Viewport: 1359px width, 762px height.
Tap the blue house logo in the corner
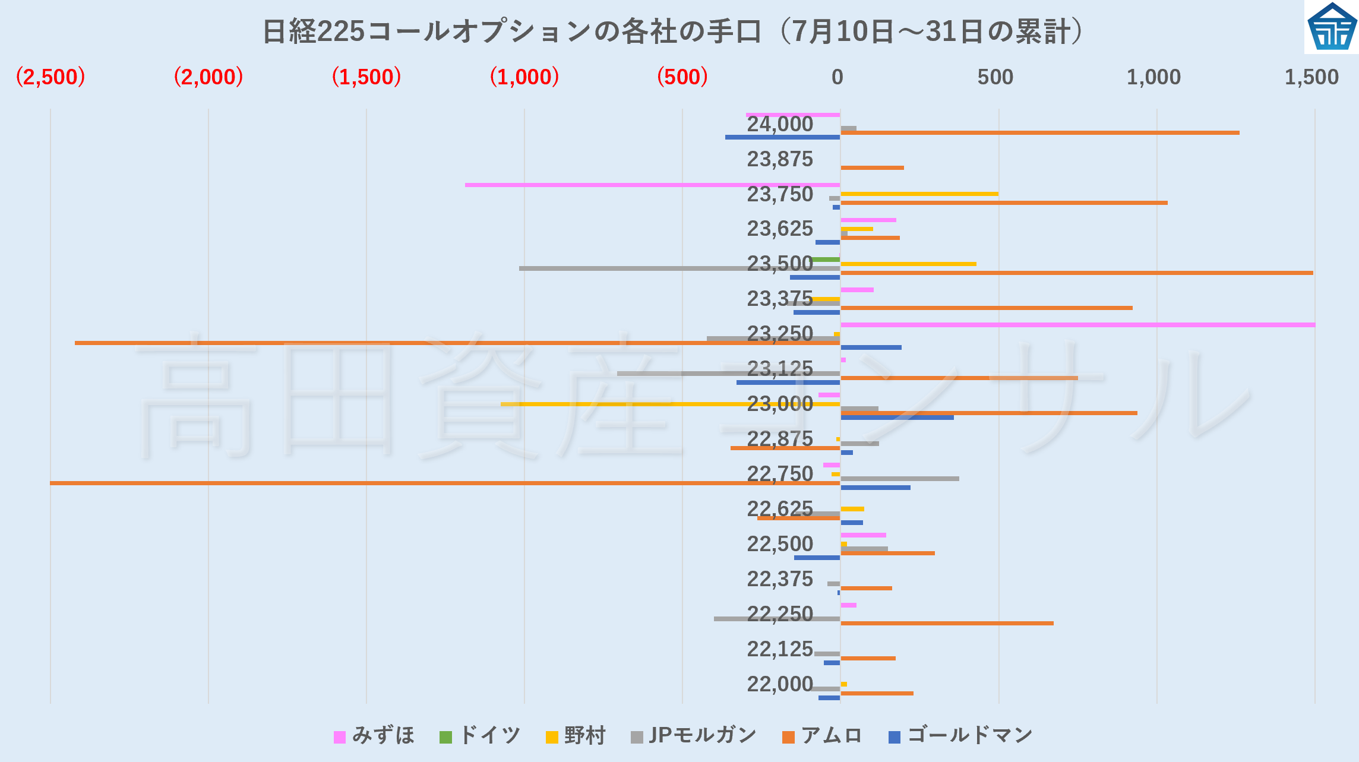(1331, 27)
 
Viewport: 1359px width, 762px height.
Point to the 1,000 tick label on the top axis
(1153, 77)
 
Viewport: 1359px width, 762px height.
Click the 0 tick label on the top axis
(837, 77)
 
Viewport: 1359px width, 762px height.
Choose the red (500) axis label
(682, 77)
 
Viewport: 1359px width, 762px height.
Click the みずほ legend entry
(374, 736)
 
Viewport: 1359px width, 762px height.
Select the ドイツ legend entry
(480, 736)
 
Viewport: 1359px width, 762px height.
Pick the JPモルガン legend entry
(694, 736)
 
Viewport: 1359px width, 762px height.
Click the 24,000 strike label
(779, 124)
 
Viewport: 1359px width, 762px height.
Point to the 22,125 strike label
(779, 649)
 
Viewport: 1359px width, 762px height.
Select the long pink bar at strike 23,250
(1077, 325)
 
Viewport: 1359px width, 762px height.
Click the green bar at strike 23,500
(826, 260)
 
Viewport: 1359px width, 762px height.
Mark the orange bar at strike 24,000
(1039, 132)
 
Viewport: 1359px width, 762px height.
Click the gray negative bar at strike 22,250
(777, 619)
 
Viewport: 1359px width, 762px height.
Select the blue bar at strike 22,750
(875, 488)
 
